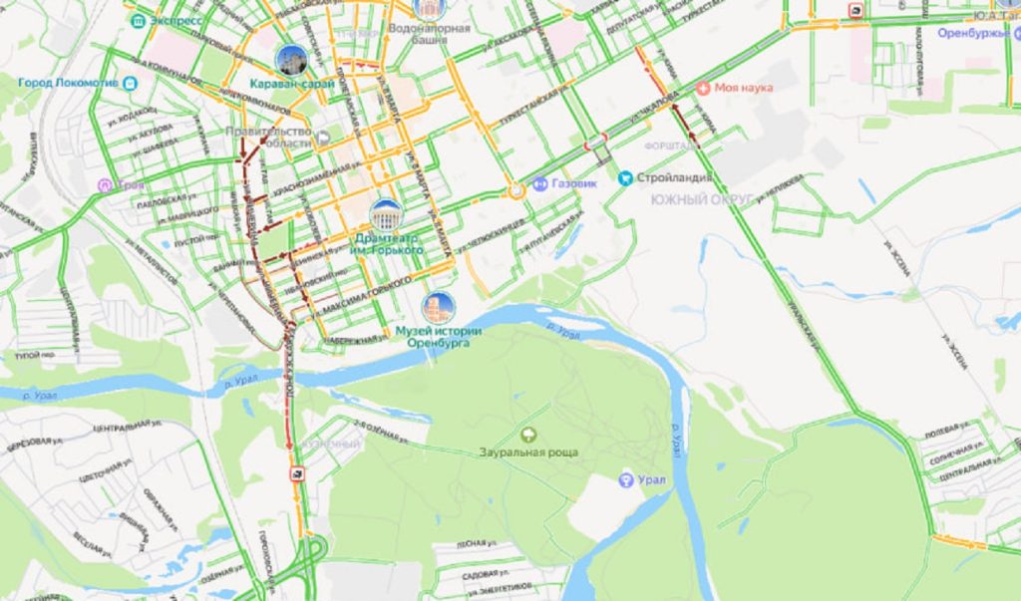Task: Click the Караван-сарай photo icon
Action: click(x=291, y=60)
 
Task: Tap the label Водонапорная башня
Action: click(x=442, y=36)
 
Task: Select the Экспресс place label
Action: click(x=175, y=20)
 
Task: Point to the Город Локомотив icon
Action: click(x=131, y=84)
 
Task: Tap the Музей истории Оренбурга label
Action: click(x=439, y=337)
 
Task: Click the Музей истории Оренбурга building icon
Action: click(x=438, y=307)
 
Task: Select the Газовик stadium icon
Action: click(x=539, y=183)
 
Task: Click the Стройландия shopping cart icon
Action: click(x=625, y=177)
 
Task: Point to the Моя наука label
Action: click(x=744, y=88)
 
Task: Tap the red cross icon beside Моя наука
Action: click(x=704, y=88)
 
